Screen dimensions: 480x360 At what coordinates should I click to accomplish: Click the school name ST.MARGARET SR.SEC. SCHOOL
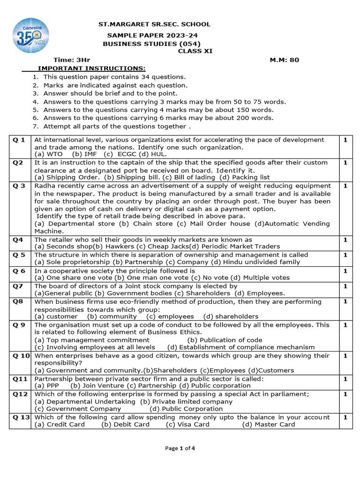(154, 24)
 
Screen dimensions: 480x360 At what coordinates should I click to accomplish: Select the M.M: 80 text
(284, 60)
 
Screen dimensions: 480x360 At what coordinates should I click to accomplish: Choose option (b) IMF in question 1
(84, 154)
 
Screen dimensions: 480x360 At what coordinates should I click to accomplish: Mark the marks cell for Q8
(345, 301)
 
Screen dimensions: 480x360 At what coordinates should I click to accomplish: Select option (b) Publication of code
(225, 340)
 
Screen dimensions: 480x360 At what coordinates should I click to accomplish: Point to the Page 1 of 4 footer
(180, 448)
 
